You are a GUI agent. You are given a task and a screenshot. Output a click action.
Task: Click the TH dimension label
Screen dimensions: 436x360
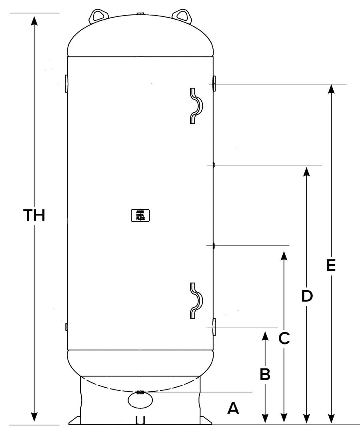[x=34, y=215]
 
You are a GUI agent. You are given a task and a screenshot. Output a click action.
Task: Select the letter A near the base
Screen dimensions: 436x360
[x=233, y=408]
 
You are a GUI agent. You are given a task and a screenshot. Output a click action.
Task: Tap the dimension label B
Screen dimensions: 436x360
[x=265, y=374]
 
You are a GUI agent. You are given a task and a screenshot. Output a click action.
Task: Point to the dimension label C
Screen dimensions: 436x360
[x=284, y=338]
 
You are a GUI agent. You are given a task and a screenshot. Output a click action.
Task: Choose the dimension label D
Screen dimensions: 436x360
[x=306, y=296]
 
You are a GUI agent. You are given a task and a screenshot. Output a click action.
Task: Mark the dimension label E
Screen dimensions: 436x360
[x=330, y=266]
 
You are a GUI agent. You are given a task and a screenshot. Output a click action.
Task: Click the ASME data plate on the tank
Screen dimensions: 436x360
[x=138, y=215]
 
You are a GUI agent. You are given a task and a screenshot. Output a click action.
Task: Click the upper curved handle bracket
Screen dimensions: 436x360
[x=196, y=106]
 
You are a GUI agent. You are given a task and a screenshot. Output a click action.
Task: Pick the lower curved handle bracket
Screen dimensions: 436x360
[x=196, y=301]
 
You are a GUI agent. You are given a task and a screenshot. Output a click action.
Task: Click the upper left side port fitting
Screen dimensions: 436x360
[x=66, y=83]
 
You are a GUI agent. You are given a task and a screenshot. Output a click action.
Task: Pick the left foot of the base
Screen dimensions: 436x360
[x=75, y=420]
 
